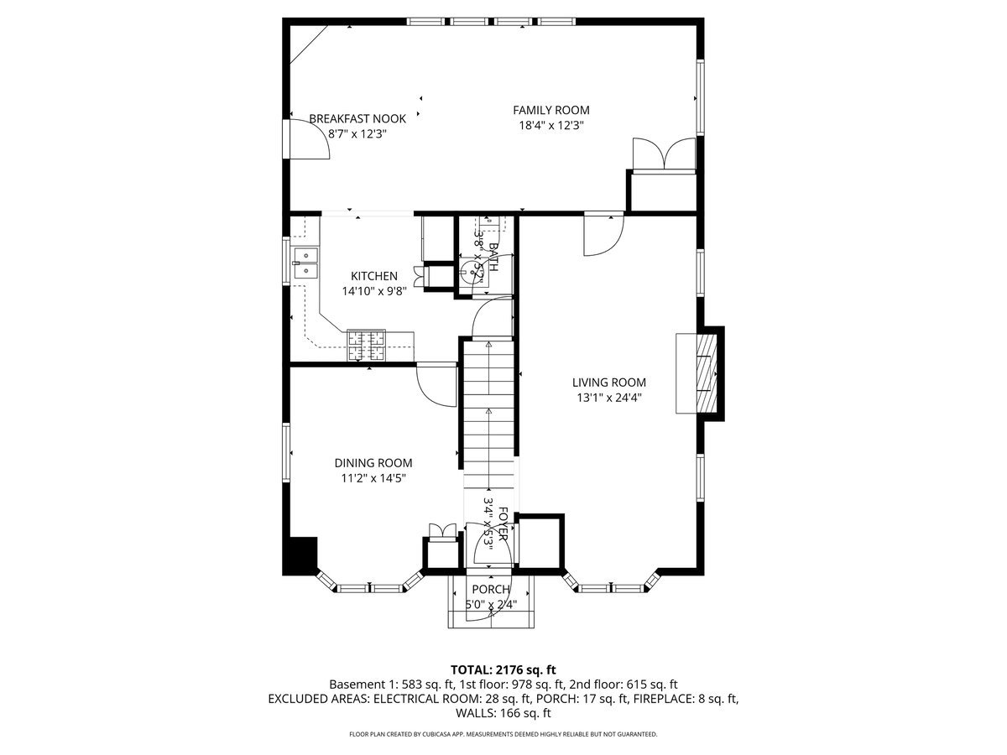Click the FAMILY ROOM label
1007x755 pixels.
pos(551,110)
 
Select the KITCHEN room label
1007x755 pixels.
pos(374,276)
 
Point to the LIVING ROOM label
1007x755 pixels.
pos(609,383)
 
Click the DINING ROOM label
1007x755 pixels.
pos(373,463)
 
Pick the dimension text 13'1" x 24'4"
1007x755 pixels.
pos(609,398)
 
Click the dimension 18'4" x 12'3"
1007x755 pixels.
pos(551,126)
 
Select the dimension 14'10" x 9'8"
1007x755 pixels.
pos(374,292)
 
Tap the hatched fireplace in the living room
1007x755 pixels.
pos(698,373)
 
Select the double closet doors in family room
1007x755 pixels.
pos(663,154)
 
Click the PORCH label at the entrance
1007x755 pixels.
pos(491,590)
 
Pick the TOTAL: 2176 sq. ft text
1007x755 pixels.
pos(503,669)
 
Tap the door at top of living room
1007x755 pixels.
pos(604,232)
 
